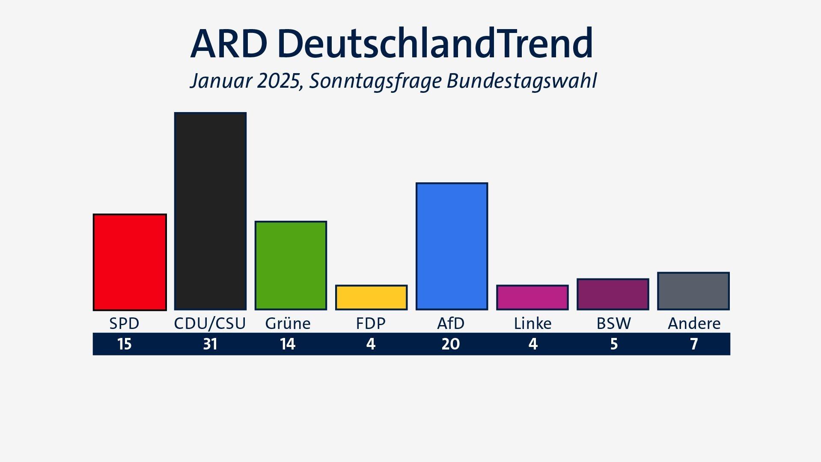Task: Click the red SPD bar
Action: point(130,262)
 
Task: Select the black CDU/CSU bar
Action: point(210,211)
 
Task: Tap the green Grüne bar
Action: point(291,266)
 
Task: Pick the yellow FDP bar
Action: point(371,297)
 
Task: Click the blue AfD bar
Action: point(452,246)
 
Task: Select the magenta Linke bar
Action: point(532,297)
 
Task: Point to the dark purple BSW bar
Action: point(613,294)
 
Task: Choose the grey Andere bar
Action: point(693,291)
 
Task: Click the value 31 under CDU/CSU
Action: point(210,344)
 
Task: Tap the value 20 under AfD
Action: point(451,344)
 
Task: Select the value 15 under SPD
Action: point(124,344)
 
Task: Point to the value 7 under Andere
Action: point(694,344)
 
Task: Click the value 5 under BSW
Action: point(614,344)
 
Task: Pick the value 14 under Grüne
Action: point(288,344)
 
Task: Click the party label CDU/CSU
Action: point(210,323)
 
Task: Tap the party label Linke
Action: point(532,323)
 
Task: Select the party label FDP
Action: point(371,323)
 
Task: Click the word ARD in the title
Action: point(229,44)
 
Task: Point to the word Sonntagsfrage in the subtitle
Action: point(375,81)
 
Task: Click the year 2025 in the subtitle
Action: point(278,81)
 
